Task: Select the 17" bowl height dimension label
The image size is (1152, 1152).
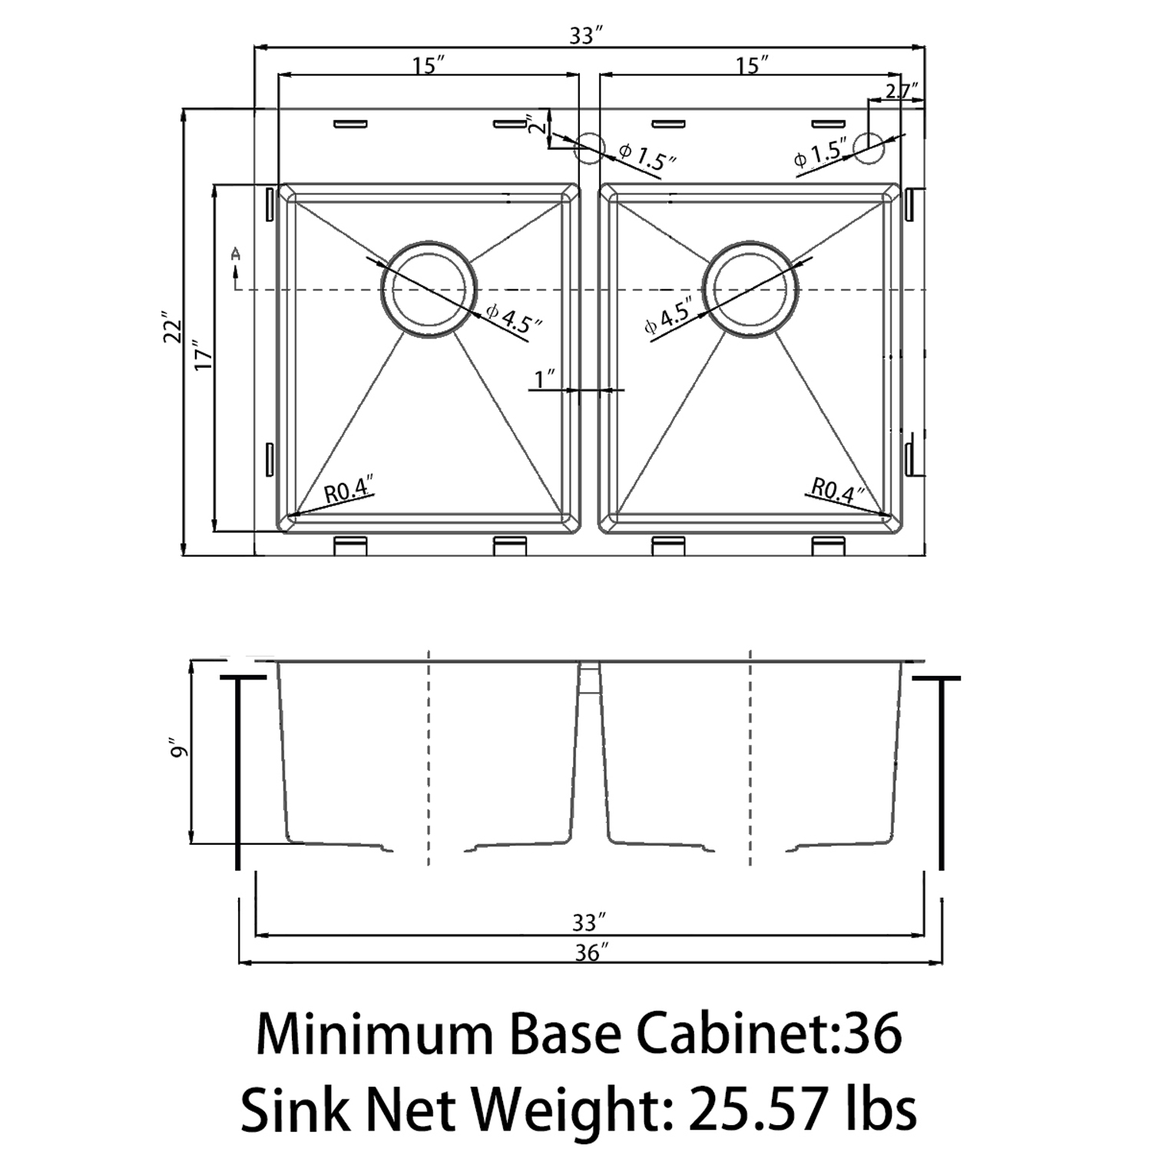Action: click(x=202, y=356)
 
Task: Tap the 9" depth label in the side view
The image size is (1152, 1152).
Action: click(x=179, y=749)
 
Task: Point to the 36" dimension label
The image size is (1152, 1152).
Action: click(x=588, y=952)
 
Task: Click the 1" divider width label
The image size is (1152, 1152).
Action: click(x=546, y=379)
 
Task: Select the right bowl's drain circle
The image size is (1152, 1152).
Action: click(x=750, y=290)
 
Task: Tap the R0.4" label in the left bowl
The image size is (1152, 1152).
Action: click(x=349, y=490)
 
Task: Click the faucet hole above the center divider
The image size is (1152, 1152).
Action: click(x=590, y=147)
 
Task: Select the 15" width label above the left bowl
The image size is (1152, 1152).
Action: click(x=429, y=65)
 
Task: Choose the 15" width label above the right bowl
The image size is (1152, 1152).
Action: click(x=752, y=65)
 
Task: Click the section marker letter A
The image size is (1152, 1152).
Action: click(x=236, y=253)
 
